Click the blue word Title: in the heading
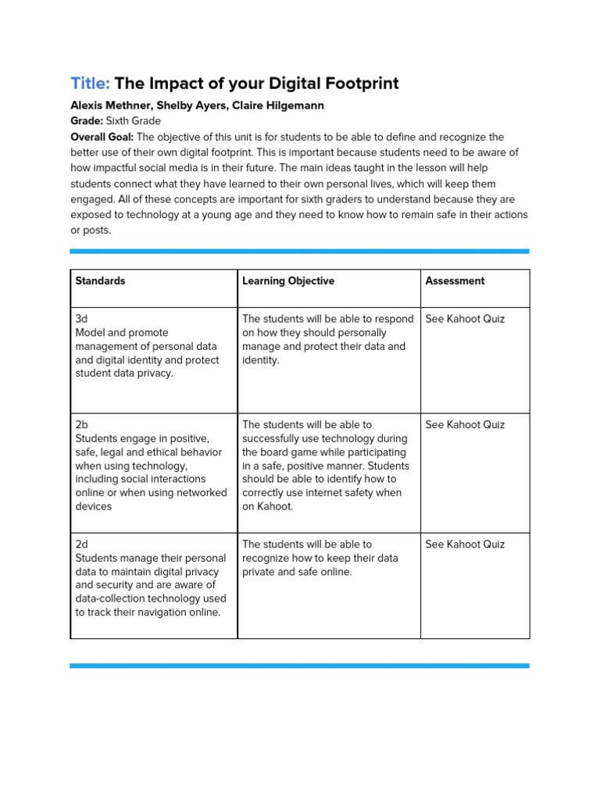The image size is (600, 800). pos(91,83)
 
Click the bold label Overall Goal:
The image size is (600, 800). pos(102,137)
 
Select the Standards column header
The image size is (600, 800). pos(100,280)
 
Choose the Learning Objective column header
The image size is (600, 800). pos(288,280)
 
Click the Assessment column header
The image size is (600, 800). pos(455,280)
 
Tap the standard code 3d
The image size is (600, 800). pos(81,319)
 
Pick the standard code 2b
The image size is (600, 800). pos(82,424)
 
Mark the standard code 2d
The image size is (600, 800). pos(82,544)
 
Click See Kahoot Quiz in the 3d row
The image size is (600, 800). pos(465,319)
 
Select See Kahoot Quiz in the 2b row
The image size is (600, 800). pos(465,424)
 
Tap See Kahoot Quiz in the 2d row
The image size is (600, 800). pos(465,544)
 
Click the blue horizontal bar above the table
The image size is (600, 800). pos(299,252)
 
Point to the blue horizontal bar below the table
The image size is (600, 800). pos(299,666)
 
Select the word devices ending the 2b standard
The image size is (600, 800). pos(93,506)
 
